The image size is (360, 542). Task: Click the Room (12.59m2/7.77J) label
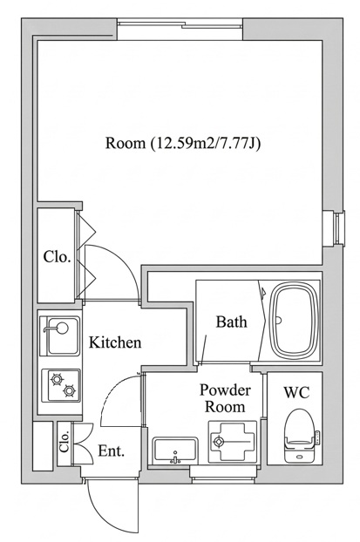tap(183, 144)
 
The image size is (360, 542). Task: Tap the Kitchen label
tap(115, 342)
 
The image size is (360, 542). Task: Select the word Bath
tap(232, 322)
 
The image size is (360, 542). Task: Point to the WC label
tap(296, 392)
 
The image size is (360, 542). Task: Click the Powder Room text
tap(225, 398)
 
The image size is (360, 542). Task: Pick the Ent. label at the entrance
tap(111, 451)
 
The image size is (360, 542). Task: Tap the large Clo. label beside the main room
tap(57, 256)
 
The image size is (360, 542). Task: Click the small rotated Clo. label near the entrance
tap(65, 442)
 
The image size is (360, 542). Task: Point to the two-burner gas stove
tap(61, 386)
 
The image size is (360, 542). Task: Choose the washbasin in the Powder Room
tap(175, 451)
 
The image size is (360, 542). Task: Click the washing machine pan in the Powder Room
tap(233, 442)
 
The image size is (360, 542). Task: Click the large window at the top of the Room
tap(180, 24)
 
